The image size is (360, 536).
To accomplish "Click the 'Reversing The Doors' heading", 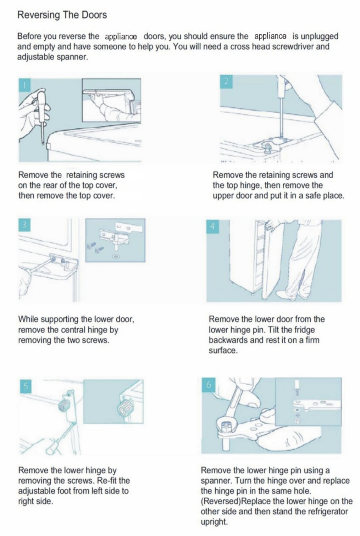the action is click(x=62, y=15).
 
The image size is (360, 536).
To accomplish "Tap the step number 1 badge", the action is click(x=25, y=85).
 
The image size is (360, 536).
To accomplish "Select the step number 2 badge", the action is click(x=226, y=82).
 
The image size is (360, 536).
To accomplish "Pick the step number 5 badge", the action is click(x=26, y=386).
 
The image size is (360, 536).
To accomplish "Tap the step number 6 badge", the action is click(x=208, y=384).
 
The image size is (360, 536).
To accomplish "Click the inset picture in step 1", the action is click(x=111, y=100).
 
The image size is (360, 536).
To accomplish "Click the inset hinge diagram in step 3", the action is click(x=115, y=240).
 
